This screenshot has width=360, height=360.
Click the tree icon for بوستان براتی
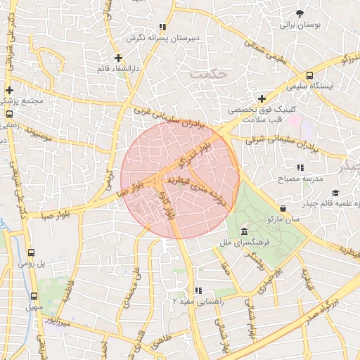[x=301, y=13]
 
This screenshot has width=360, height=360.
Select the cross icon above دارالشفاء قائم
[x=118, y=58]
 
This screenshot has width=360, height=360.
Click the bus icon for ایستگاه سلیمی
[x=310, y=75]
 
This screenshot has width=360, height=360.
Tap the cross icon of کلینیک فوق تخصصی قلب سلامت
[x=262, y=99]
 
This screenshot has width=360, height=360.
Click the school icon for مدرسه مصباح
[x=300, y=167]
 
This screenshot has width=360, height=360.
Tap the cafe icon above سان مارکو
[x=283, y=208]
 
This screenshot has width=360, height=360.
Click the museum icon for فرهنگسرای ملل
[x=244, y=232]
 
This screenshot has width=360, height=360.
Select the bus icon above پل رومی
[x=32, y=253]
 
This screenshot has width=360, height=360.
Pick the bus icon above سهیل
[x=32, y=297]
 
